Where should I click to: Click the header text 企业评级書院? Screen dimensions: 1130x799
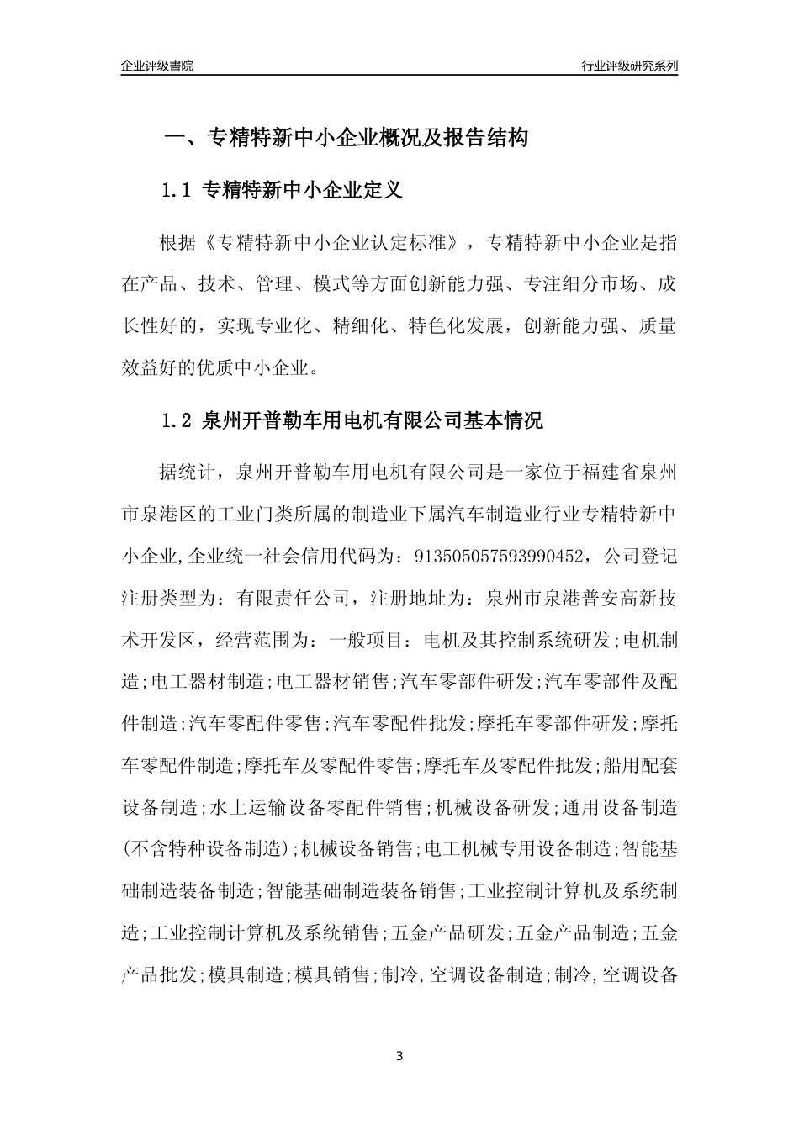coord(156,66)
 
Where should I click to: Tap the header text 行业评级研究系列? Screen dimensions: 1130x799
coord(629,66)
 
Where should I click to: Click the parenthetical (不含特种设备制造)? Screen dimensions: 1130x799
coord(207,848)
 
